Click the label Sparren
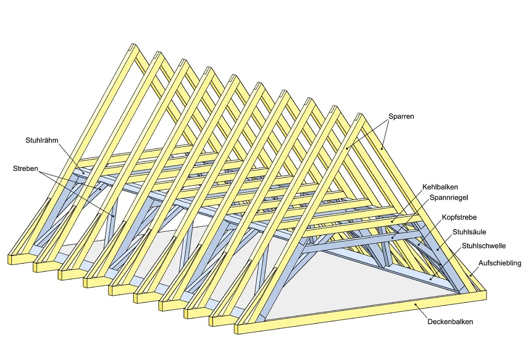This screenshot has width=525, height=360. pyautogui.click(x=401, y=117)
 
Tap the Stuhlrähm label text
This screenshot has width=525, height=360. pyautogui.click(x=42, y=140)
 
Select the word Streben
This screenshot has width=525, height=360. pyautogui.click(x=25, y=168)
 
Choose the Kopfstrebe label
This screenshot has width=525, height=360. pyautogui.click(x=459, y=217)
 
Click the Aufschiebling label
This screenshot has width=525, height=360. pyautogui.click(x=500, y=263)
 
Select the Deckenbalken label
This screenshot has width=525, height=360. pyautogui.click(x=450, y=322)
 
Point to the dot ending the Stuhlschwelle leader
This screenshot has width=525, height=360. pyautogui.click(x=430, y=278)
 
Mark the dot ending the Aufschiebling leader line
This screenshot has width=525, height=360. pyautogui.click(x=470, y=275)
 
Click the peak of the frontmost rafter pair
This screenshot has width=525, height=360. pyautogui.click(x=360, y=115)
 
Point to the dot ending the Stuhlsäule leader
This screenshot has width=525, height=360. pyautogui.click(x=437, y=249)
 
